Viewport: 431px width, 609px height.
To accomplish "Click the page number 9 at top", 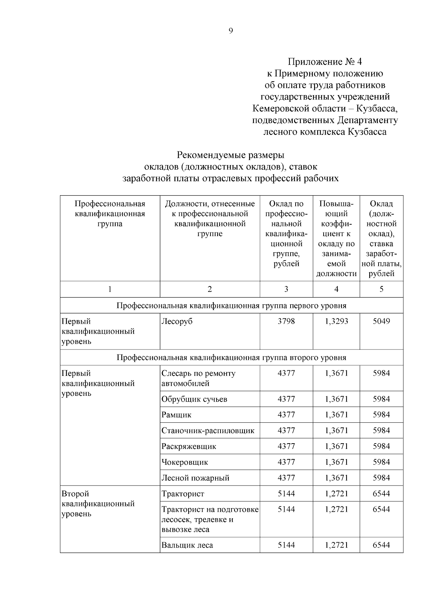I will (x=231, y=31).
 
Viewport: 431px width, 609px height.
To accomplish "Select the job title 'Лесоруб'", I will (x=177, y=321).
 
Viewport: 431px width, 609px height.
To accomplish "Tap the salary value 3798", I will (x=286, y=321).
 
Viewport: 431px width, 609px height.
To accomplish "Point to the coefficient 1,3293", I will (x=336, y=321).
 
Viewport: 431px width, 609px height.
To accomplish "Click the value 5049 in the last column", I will (x=381, y=321).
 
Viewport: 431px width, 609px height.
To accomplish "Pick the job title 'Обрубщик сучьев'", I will (x=194, y=399).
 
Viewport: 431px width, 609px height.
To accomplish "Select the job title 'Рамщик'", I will (x=176, y=415).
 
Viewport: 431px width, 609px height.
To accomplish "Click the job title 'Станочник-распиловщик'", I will (x=208, y=431).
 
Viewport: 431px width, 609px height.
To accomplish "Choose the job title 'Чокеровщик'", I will (x=185, y=462).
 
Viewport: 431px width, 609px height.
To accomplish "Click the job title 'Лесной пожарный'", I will (x=195, y=478).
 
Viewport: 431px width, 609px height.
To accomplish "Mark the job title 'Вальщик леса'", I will (x=187, y=545).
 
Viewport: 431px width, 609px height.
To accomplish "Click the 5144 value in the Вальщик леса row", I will (x=286, y=545).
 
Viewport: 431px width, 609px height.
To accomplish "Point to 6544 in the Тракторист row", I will (x=381, y=494).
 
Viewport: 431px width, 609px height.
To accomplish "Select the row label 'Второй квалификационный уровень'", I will (x=98, y=504).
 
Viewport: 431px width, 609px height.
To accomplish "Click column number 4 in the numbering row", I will (x=336, y=289).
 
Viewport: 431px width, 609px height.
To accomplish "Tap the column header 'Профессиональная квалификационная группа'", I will (x=110, y=214).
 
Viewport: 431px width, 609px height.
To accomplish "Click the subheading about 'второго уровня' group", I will (x=231, y=358).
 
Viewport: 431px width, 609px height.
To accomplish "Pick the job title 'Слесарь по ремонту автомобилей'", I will (x=198, y=378).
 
